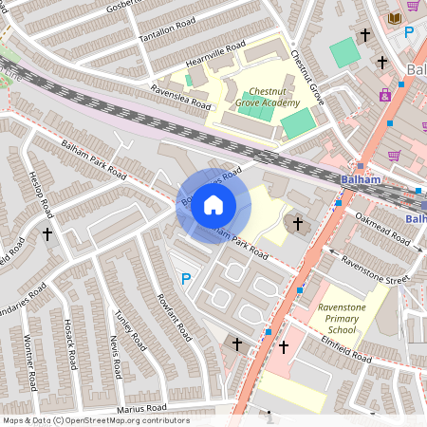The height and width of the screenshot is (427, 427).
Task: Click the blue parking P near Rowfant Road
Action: pos(186,279)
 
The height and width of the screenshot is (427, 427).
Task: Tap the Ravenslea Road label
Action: pos(179,96)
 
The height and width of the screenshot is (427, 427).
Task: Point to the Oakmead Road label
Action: pos(385,229)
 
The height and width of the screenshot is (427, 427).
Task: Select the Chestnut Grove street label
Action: pos(307,77)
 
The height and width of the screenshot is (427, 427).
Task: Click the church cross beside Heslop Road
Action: pos(47,232)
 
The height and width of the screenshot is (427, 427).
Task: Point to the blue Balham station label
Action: pos(361,179)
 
